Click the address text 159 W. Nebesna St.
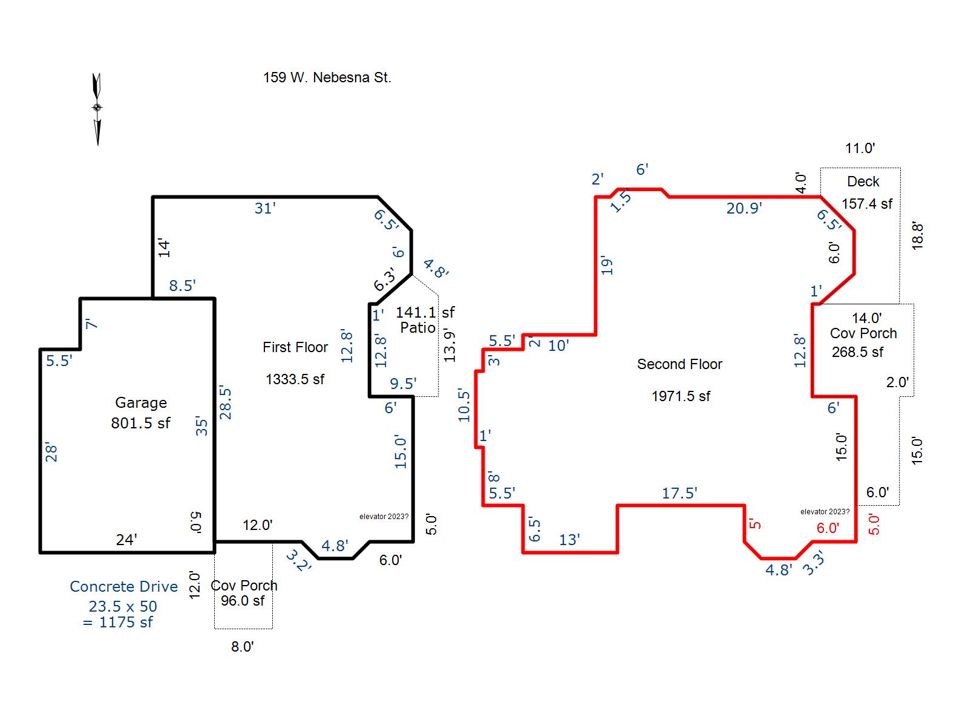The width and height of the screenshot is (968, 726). coord(327,77)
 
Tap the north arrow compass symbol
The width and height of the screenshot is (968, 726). coord(97,109)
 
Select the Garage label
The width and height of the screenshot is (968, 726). coord(141,402)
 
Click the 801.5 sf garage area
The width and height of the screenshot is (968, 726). coord(140,423)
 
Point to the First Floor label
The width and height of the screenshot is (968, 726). coord(295,347)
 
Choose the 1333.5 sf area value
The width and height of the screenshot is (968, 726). coord(295,379)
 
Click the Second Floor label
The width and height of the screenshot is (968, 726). coord(679,364)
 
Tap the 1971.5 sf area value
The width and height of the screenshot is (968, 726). coord(681,396)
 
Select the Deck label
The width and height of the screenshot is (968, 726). coord(863,181)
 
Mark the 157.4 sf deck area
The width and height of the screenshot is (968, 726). coord(866,204)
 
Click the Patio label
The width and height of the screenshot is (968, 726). coord(417,327)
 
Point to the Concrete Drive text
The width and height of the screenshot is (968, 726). coord(123,586)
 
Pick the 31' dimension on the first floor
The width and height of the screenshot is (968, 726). coord(264,208)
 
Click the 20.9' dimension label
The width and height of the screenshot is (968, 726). coord(744,208)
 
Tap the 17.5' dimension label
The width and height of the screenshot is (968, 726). coord(679,493)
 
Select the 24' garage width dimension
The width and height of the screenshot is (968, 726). coord(126,540)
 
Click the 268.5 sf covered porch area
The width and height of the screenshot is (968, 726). coord(857,352)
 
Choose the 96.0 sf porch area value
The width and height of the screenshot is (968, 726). coord(243,601)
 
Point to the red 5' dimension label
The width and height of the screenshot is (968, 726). coord(755,524)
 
